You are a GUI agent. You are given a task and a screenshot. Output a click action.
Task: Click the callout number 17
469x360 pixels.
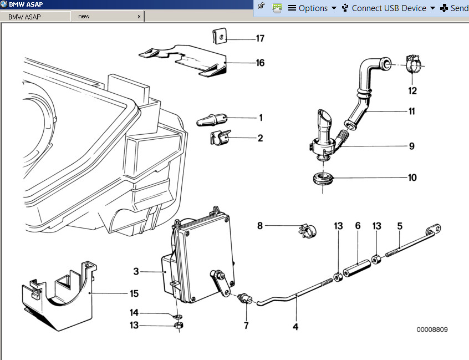[x=260, y=38]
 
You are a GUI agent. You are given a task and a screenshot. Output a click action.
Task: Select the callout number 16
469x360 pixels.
[x=260, y=63]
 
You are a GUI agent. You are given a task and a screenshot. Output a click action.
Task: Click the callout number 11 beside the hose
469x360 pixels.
[x=412, y=111]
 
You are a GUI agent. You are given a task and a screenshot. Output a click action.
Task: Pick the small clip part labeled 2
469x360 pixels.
[x=221, y=138]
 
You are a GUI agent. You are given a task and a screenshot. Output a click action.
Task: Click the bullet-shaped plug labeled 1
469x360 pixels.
[x=212, y=120]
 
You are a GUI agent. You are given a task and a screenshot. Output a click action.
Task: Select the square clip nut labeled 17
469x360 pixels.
[x=220, y=36]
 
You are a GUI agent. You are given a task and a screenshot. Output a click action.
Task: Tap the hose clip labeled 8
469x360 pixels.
[x=308, y=231]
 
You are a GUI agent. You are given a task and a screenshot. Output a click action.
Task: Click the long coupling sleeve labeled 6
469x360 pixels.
[x=357, y=268]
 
